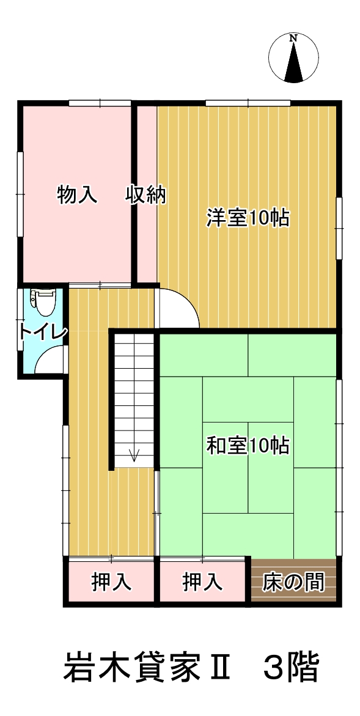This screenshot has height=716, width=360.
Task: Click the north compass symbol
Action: (x=294, y=57)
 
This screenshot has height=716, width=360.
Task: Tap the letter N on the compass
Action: (x=294, y=39)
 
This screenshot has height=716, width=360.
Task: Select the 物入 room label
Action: (x=78, y=194)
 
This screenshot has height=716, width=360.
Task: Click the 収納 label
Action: (x=146, y=194)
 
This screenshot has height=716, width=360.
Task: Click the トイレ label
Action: (x=42, y=332)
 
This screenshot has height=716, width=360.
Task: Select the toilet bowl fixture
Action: (x=44, y=301)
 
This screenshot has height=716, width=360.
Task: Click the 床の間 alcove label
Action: (x=293, y=582)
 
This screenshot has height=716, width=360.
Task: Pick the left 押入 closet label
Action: (x=111, y=582)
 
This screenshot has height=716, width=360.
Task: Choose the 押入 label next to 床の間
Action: (x=202, y=582)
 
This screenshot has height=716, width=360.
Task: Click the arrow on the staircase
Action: (x=134, y=454)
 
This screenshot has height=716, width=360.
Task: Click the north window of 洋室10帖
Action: (x=248, y=103)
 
